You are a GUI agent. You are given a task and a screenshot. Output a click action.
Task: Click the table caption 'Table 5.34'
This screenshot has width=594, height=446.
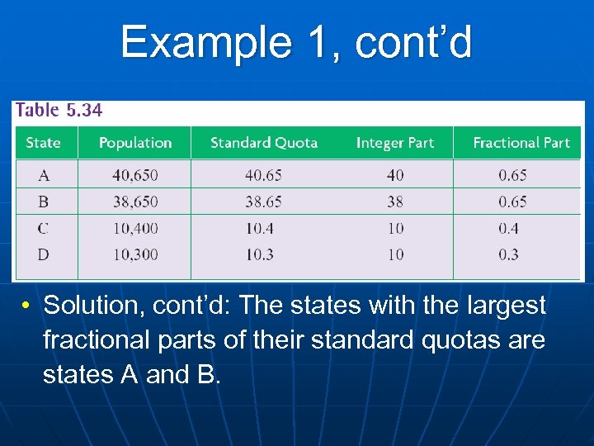[59, 110]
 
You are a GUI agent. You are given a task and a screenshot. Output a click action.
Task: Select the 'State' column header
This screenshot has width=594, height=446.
[43, 143]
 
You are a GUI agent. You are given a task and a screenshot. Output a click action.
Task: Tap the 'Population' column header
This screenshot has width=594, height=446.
[135, 143]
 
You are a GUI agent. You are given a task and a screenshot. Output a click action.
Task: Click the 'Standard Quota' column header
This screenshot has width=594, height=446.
[264, 143]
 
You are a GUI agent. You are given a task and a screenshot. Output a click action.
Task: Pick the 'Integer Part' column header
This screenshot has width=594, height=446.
[394, 143]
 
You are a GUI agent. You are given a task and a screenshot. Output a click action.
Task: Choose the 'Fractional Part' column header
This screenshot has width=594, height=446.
[521, 143]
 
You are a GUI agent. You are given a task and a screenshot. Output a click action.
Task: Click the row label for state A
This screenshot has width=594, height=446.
[43, 175]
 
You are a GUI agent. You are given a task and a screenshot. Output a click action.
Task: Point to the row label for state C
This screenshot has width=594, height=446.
[43, 228]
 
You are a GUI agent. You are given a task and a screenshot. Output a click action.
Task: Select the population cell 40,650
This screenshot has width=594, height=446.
[135, 175]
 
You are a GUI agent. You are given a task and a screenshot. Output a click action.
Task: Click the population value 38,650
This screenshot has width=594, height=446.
[135, 202]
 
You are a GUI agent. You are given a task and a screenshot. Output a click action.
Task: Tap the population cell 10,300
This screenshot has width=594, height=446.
[135, 254]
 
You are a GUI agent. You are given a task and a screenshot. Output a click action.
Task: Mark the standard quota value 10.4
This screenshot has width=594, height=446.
[259, 228]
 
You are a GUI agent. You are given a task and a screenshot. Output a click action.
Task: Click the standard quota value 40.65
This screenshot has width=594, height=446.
[263, 175]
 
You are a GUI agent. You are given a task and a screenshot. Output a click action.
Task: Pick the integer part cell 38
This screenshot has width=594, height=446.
[395, 202]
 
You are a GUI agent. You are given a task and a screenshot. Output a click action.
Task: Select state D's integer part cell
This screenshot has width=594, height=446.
[395, 254]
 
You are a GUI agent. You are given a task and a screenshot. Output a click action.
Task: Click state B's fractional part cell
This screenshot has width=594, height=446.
[512, 202]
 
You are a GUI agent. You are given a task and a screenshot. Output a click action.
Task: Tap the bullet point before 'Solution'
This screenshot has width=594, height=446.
[27, 306]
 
